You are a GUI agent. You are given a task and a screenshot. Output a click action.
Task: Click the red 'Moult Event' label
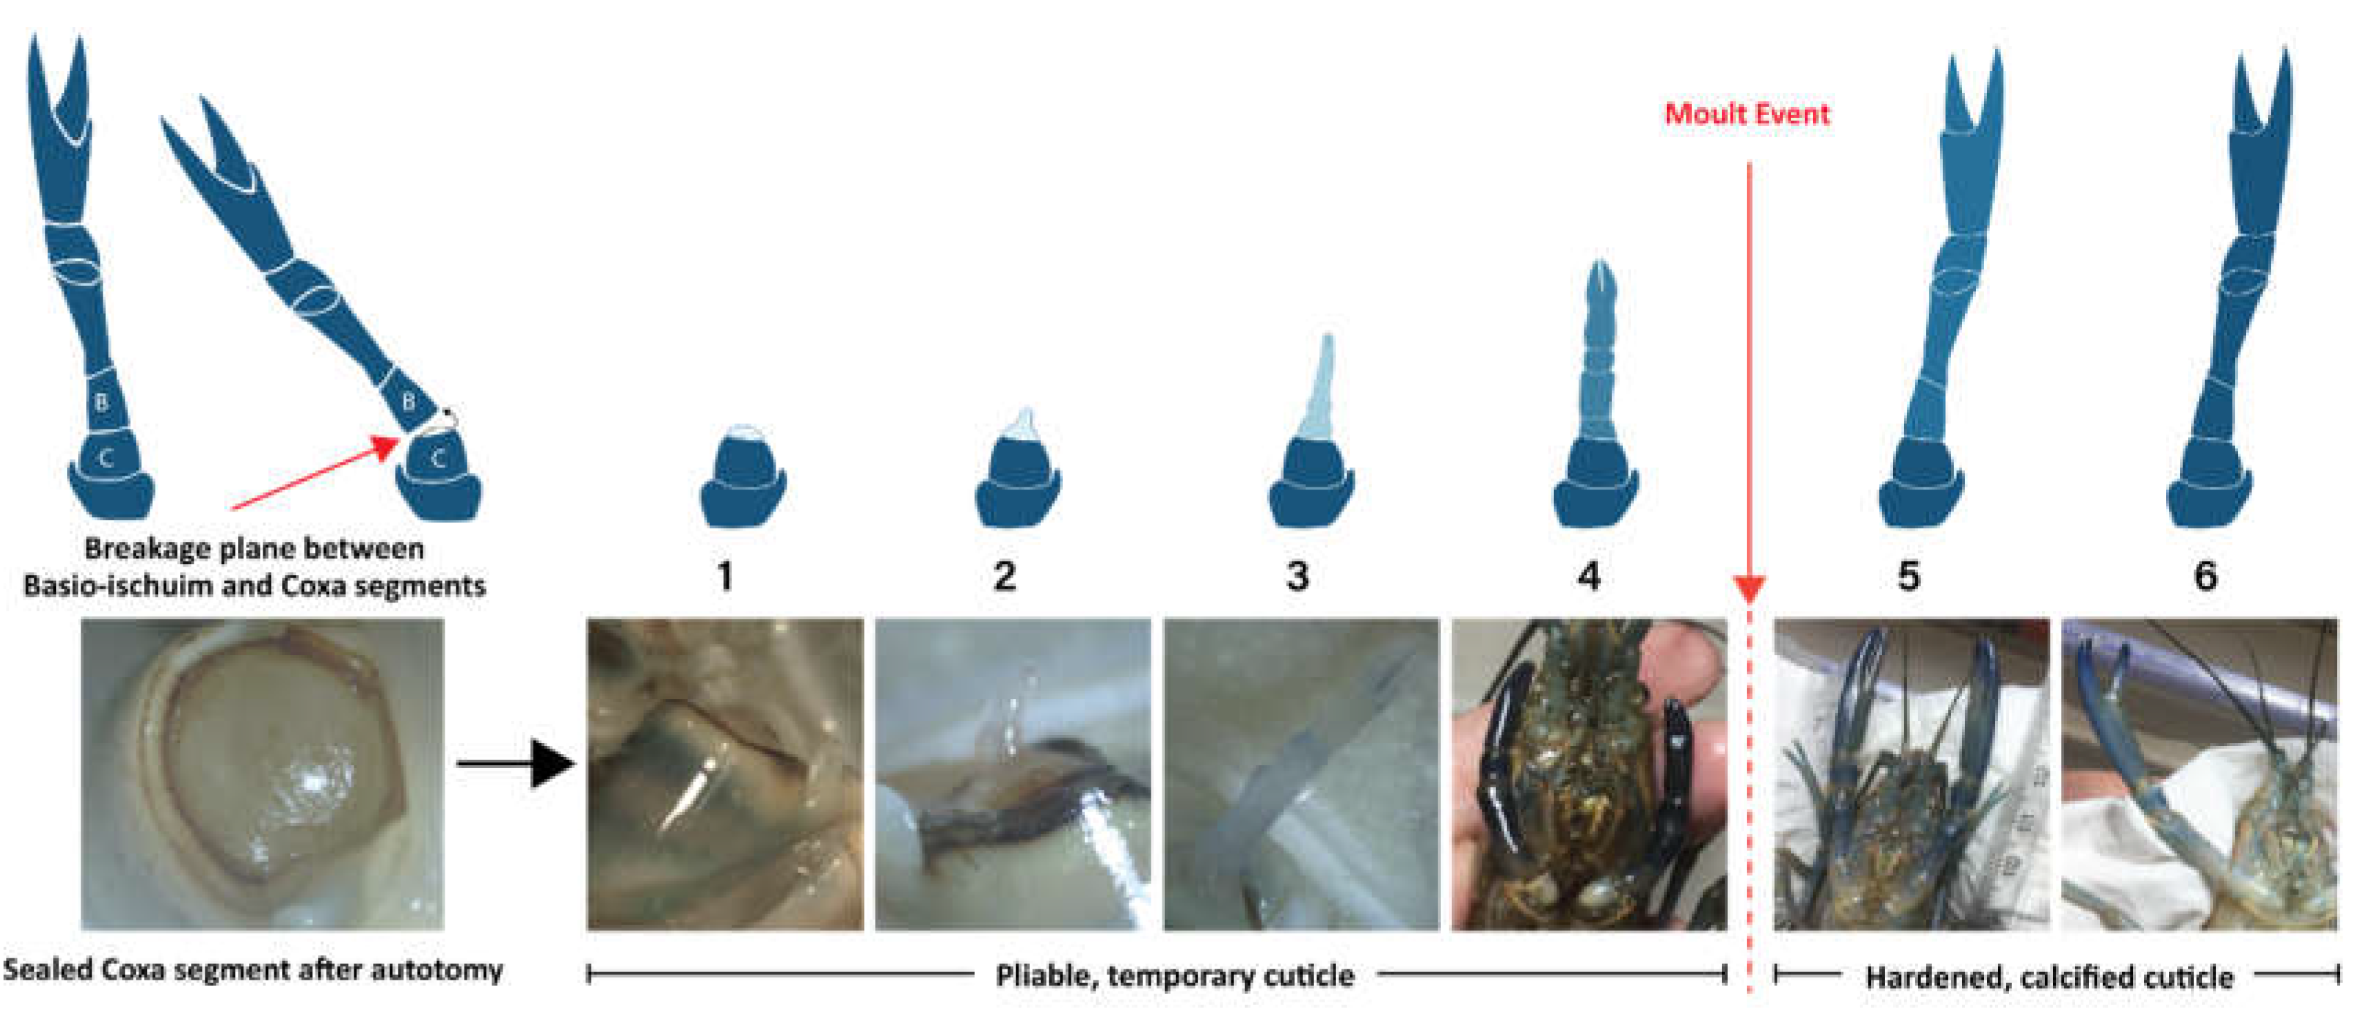(x=1746, y=114)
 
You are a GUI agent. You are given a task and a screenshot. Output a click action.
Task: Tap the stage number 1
(x=725, y=576)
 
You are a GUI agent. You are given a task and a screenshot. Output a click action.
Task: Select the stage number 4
(x=1588, y=576)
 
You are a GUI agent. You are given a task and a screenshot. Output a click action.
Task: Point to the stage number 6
(x=2205, y=576)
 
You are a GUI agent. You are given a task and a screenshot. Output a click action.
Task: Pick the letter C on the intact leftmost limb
(x=106, y=458)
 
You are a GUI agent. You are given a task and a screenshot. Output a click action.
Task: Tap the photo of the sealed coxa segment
(x=263, y=775)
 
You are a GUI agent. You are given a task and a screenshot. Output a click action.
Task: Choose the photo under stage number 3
(x=1302, y=775)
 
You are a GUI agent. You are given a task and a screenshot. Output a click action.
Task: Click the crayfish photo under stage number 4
(x=1588, y=775)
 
